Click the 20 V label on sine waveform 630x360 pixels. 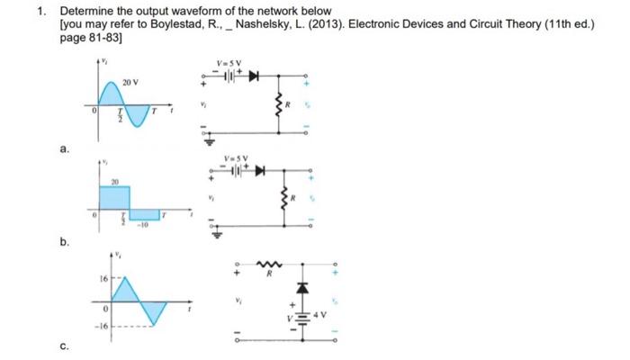[131, 82]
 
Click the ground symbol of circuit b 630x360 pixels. [216, 235]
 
